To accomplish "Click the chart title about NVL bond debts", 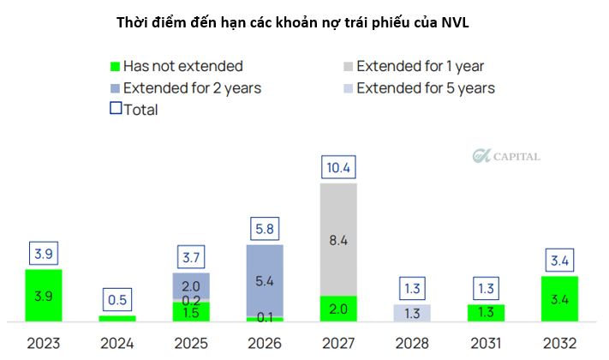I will (x=304, y=23).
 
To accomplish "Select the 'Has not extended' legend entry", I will (x=175, y=66).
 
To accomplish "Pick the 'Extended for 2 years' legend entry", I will (x=183, y=87).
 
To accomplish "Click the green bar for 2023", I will (x=44, y=295).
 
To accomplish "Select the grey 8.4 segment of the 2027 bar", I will (x=338, y=240).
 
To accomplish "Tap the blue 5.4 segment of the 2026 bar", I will (x=265, y=280).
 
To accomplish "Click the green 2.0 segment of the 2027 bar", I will (x=338, y=309).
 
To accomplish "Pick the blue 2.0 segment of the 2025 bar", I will (x=191, y=285).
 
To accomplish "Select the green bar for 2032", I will (x=559, y=298).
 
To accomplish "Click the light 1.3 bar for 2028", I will (x=412, y=313).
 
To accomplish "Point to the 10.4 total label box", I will (x=338, y=168).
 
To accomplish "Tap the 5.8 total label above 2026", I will (x=265, y=230).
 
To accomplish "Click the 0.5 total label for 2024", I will (x=117, y=299).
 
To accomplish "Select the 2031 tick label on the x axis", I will (x=486, y=343).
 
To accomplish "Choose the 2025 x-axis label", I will (x=191, y=343).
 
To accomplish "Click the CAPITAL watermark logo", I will (x=506, y=156).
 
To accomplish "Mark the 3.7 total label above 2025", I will (x=191, y=257).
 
